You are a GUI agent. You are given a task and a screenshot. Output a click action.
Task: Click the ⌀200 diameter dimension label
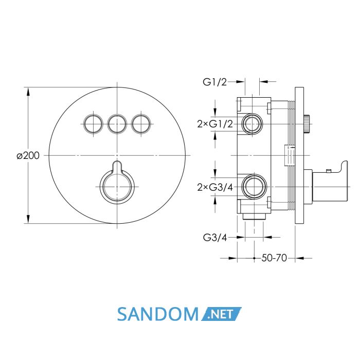(28, 156)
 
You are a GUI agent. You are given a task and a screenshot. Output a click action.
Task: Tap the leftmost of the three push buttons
(93, 124)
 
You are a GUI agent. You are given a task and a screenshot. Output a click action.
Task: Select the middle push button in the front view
(117, 124)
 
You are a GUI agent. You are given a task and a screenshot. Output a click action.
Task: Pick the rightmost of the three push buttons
(141, 124)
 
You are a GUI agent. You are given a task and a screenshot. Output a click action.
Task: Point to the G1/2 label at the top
(214, 82)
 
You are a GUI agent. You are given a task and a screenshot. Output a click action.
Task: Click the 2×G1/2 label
(215, 124)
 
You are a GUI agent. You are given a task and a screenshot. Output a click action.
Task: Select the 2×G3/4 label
(215, 188)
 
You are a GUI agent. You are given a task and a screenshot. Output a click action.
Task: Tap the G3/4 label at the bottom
(215, 238)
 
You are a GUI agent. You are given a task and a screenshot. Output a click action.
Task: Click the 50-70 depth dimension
(274, 258)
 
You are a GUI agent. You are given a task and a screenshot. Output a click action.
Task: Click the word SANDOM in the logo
(158, 314)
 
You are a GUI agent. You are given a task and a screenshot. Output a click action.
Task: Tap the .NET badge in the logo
(221, 314)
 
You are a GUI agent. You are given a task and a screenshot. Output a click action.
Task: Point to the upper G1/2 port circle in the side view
(252, 124)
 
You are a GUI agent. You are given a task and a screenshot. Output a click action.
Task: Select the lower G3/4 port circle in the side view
(254, 187)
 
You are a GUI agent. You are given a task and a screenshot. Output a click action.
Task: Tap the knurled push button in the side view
(307, 124)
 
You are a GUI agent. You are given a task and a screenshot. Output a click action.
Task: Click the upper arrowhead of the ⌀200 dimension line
(28, 92)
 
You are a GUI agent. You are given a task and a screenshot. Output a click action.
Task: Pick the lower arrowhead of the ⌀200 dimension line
(28, 219)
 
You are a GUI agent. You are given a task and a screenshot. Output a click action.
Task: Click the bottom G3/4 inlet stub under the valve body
(254, 217)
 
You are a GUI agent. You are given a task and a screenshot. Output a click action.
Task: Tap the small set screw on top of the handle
(329, 171)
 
